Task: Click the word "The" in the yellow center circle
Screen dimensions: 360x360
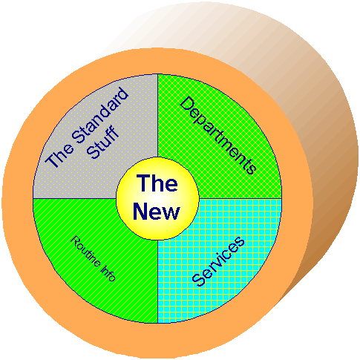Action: point(157,183)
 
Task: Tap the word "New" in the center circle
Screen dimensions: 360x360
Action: point(157,211)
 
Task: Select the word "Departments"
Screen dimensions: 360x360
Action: point(217,136)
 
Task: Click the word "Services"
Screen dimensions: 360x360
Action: point(218,261)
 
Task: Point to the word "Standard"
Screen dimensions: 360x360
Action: point(100,115)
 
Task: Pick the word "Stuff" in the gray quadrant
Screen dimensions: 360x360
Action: point(103,142)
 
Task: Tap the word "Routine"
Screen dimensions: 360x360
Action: point(85,251)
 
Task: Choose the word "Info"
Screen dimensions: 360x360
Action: point(108,273)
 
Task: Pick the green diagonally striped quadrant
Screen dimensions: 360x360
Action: point(94,260)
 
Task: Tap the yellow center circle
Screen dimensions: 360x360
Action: point(157,198)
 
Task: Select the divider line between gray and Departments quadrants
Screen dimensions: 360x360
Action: point(157,116)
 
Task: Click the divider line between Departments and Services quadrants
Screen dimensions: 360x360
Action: point(240,198)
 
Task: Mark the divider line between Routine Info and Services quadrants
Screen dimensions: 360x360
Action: point(157,281)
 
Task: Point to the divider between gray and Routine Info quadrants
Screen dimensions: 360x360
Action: point(75,198)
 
